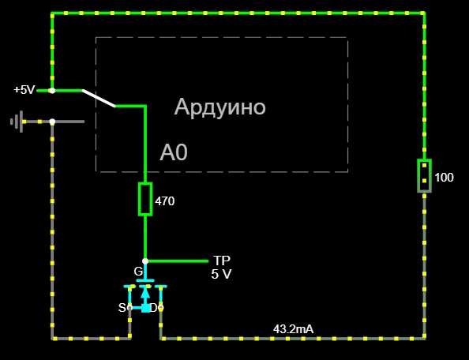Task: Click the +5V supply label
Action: (24, 90)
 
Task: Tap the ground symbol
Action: (17, 122)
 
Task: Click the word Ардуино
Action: (219, 107)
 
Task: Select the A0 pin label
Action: (174, 152)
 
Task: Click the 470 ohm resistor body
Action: (145, 199)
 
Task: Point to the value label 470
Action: (165, 201)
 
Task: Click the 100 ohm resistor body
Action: (424, 176)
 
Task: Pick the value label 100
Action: (445, 178)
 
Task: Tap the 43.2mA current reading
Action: (294, 329)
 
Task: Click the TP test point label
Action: (222, 261)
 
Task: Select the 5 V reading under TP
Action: (221, 274)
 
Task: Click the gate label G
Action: (138, 272)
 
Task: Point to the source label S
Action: (122, 308)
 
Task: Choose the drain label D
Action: (153, 308)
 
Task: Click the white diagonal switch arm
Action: (99, 98)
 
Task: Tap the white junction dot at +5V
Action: (52, 90)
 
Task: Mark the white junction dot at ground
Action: (52, 122)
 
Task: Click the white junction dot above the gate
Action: (145, 261)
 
